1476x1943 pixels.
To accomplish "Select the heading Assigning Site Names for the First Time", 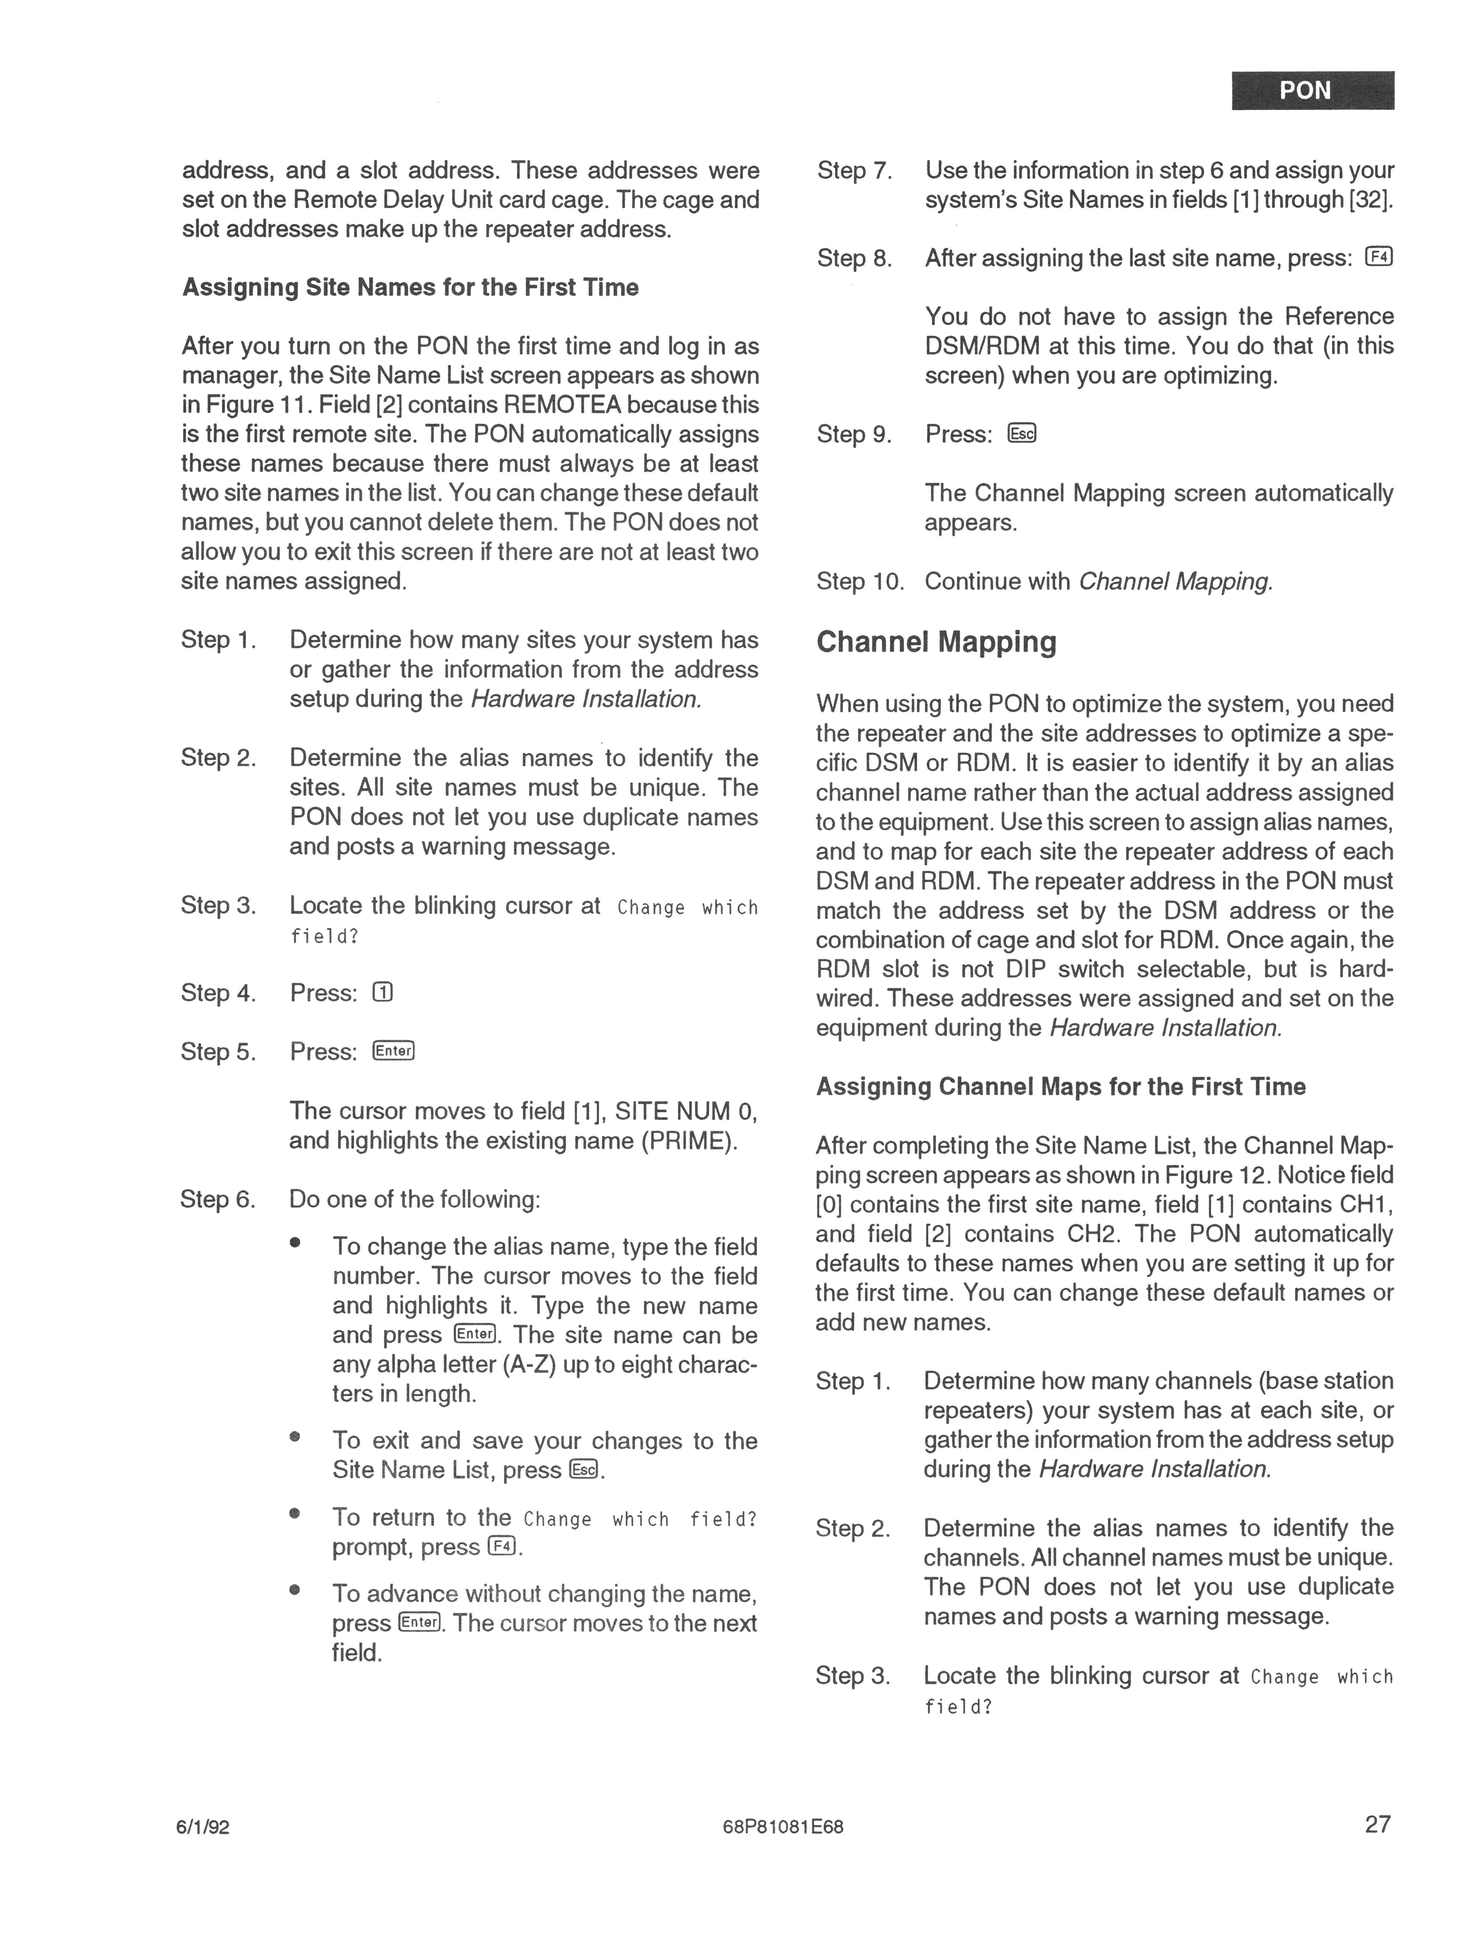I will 410,287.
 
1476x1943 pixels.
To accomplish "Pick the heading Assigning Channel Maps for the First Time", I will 1060,1087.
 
